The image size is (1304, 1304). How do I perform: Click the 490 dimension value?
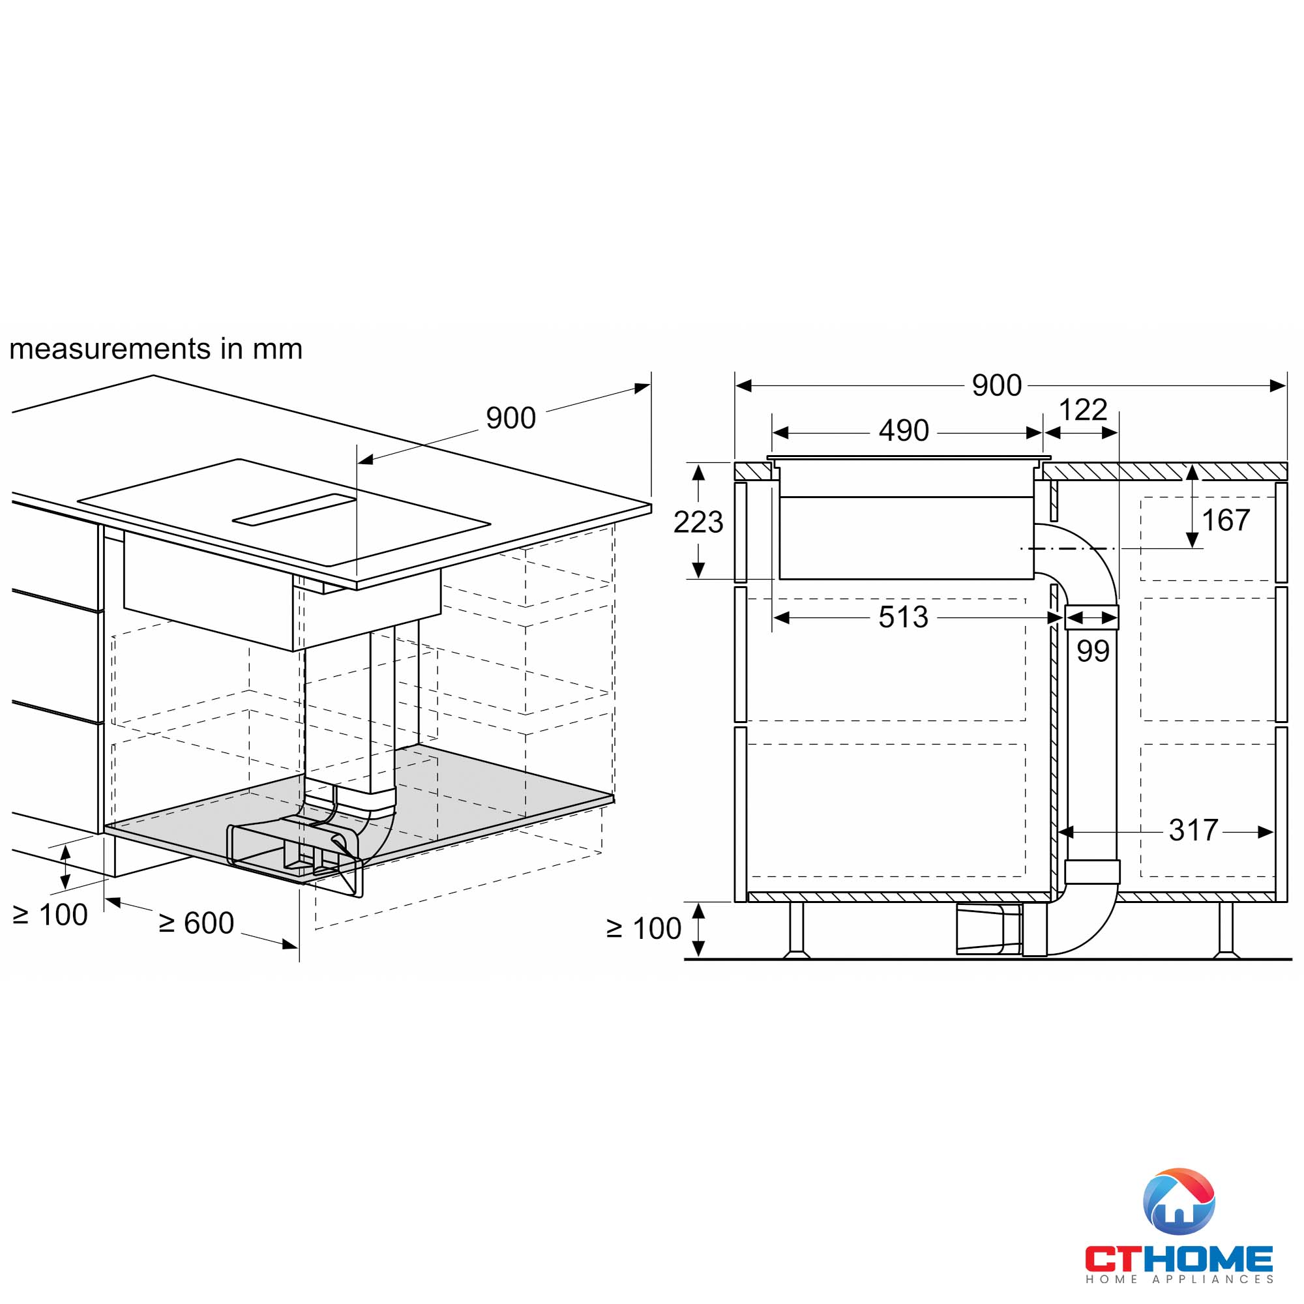[903, 430]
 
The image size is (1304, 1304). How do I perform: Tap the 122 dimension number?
[1082, 409]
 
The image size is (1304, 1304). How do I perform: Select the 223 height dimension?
[698, 522]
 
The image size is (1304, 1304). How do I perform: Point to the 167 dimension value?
[1226, 520]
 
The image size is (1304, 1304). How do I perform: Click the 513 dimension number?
[903, 617]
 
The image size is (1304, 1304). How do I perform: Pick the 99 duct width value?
[1093, 651]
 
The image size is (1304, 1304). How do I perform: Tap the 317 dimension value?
[1193, 830]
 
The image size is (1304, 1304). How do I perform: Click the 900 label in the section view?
[996, 385]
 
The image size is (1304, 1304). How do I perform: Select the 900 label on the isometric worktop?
[511, 419]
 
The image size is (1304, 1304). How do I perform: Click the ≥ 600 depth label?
[196, 923]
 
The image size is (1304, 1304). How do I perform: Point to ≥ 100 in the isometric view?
[50, 915]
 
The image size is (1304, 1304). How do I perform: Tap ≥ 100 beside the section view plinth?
[644, 928]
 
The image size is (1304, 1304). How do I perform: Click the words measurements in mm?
[156, 349]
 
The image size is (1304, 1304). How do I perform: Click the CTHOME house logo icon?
[1178, 1202]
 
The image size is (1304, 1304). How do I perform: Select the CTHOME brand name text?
[1178, 1259]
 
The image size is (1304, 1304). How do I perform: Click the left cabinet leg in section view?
[797, 930]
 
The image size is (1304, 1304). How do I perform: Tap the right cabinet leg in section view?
[1225, 930]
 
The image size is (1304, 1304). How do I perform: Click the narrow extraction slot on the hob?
[294, 510]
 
